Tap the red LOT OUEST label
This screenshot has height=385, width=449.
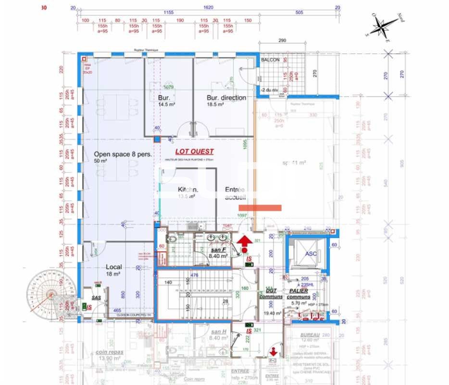pos(194,152)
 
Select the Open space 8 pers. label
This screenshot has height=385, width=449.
pos(123,155)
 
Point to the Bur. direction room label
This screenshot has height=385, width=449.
pos(226,98)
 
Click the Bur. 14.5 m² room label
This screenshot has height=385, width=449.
pos(166,101)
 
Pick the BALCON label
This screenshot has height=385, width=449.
pos(271,60)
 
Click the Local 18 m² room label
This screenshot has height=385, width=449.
pos(114,269)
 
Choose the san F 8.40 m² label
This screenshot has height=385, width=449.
pos(219,253)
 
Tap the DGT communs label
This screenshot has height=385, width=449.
pos(272,294)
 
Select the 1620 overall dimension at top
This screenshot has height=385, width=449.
pos(208,7)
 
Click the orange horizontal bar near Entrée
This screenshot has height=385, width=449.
pos(260,208)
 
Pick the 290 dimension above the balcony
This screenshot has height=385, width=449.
pos(282,41)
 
